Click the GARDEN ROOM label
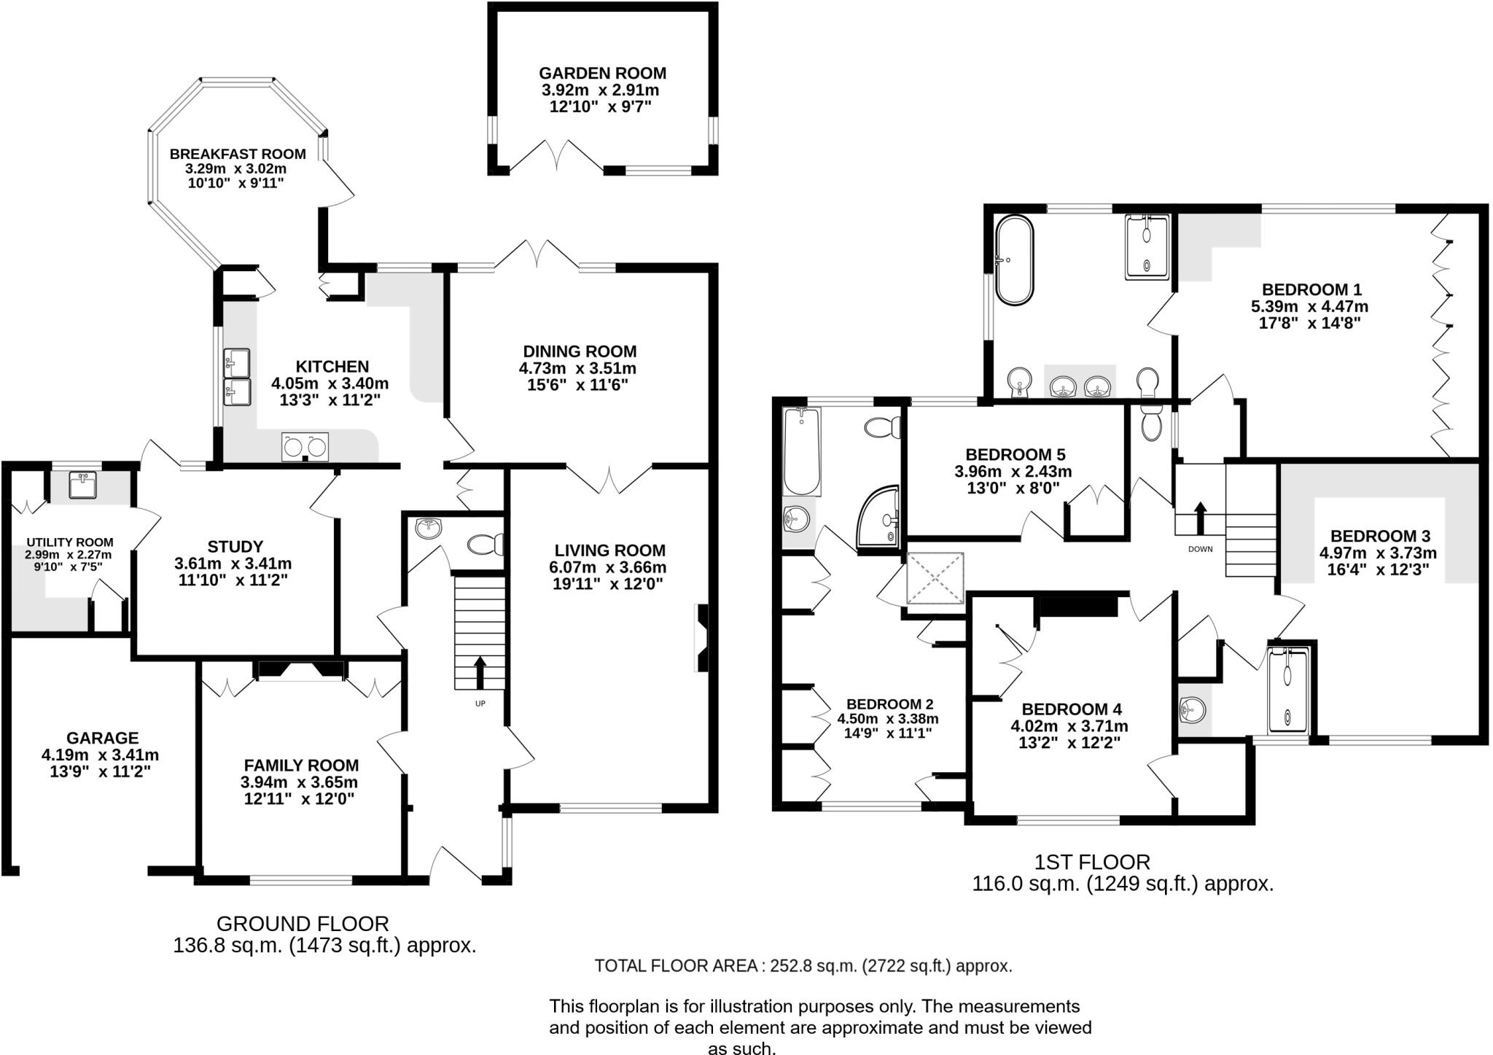coord(602,73)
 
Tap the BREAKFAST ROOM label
coord(238,154)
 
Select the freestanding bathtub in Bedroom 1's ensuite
coord(1014,260)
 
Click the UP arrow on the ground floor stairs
coord(480,671)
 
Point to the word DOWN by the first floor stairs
coord(1200,549)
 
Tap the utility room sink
coord(82,485)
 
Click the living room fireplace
coord(701,638)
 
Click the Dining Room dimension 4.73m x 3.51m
coord(577,368)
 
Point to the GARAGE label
coord(102,738)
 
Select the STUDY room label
coord(235,547)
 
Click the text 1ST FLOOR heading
coord(1092,863)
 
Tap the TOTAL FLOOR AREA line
coord(803,966)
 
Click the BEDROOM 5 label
coord(1016,455)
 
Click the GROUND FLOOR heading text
coord(303,924)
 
